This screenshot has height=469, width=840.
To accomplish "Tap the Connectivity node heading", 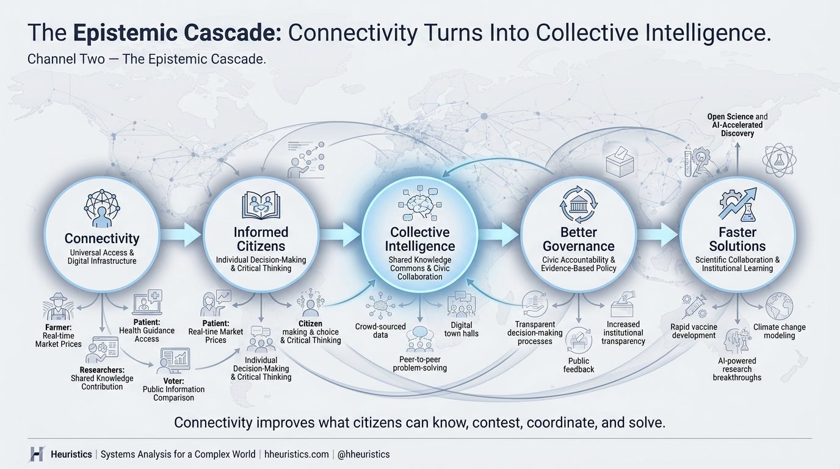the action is (x=102, y=238).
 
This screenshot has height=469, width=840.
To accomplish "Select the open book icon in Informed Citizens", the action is (x=261, y=205).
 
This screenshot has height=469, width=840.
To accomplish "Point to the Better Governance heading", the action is (x=579, y=239).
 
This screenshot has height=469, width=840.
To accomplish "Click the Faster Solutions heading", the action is (x=737, y=239).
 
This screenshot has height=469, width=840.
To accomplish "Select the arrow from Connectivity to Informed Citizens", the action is (x=181, y=234).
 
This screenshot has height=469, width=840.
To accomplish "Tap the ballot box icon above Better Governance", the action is (x=620, y=162).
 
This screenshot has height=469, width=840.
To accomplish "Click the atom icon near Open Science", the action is (x=779, y=160).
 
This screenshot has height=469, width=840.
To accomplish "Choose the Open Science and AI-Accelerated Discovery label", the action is (x=737, y=125).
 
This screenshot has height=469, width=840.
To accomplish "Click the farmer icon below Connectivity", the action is (x=58, y=306).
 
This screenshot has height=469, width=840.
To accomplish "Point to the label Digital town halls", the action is (x=462, y=329).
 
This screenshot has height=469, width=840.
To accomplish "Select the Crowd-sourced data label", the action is (x=380, y=330).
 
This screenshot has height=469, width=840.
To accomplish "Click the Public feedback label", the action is (x=579, y=365).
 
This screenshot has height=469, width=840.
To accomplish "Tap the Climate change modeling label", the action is (x=779, y=332).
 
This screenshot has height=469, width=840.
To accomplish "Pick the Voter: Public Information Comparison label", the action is (x=173, y=390).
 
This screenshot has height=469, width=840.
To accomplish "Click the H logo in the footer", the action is (x=37, y=454).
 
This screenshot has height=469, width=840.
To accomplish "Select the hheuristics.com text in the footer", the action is (x=296, y=454).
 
